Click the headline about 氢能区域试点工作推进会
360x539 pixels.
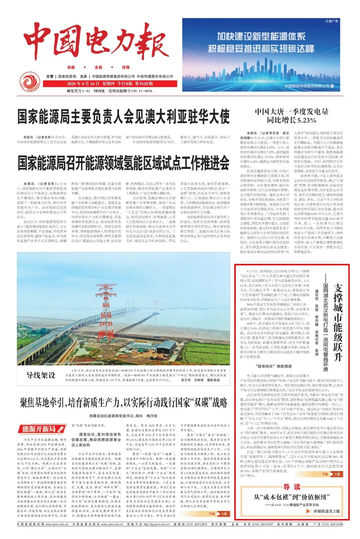pyautogui.click(x=123, y=163)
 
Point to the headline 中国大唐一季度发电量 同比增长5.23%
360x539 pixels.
pyautogui.click(x=291, y=116)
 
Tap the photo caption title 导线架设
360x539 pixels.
pyautogui.click(x=41, y=375)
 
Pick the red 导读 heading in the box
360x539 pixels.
pyautogui.click(x=292, y=487)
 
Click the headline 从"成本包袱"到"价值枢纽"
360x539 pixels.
pyautogui.click(x=292, y=497)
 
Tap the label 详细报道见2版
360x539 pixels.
pyautogui.click(x=326, y=511)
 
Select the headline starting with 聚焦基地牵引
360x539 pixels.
pyautogui.click(x=123, y=403)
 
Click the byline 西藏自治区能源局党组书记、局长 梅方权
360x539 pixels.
pyautogui.click(x=123, y=416)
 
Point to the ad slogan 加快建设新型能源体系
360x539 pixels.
pyautogui.click(x=261, y=36)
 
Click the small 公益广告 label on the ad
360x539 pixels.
pyautogui.click(x=331, y=21)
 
